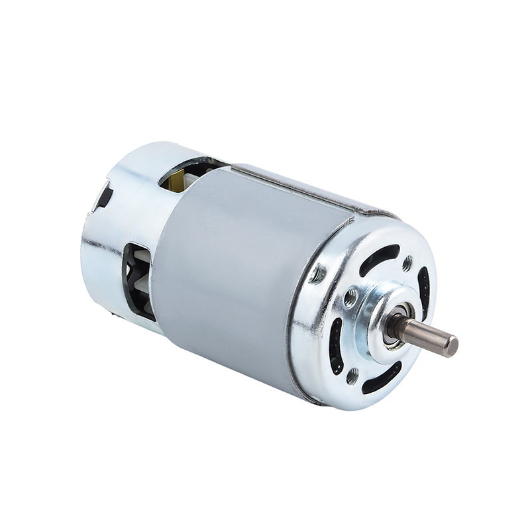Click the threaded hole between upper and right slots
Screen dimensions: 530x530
click(x=407, y=262)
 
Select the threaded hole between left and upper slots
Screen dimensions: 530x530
click(x=321, y=273)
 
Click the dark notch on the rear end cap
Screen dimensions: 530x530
click(x=104, y=195)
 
